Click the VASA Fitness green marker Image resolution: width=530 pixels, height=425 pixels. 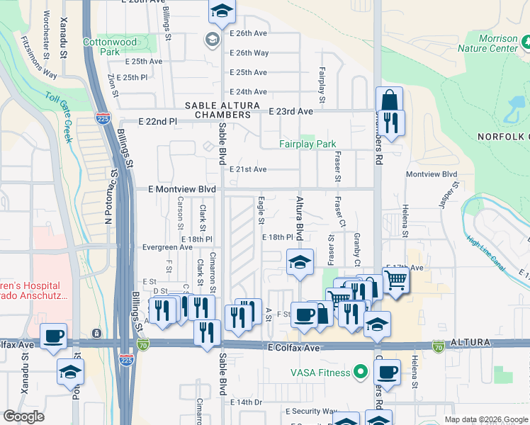(361, 372)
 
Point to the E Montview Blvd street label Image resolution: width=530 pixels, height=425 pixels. (181, 190)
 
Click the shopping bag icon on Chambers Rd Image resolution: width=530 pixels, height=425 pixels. (389, 98)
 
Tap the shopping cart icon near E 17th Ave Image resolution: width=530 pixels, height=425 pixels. (396, 279)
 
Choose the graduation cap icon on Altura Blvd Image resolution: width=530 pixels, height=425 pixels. (300, 263)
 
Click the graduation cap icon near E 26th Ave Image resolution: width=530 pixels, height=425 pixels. (222, 12)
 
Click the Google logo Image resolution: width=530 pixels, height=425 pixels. (23, 417)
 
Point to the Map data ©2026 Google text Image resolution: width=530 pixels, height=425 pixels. (485, 419)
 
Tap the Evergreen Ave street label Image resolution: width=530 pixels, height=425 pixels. (167, 248)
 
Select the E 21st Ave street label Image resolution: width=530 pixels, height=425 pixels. (248, 169)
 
